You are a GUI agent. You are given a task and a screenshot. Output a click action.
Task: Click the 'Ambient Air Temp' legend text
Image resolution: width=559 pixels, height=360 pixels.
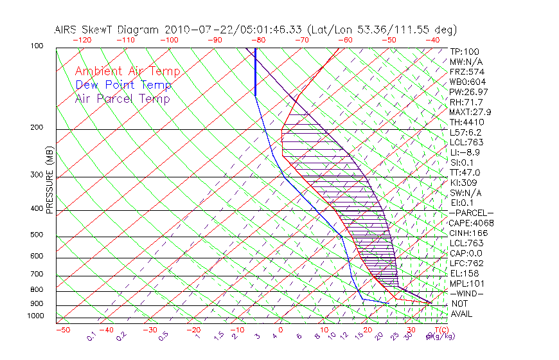(x=127, y=72)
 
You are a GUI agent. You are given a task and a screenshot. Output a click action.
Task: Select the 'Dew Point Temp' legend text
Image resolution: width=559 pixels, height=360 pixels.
(x=123, y=85)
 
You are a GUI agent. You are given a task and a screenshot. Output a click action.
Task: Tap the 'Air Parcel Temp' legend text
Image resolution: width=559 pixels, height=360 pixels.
(x=123, y=99)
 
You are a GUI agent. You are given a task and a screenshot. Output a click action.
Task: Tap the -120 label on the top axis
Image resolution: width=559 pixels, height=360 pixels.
(x=82, y=40)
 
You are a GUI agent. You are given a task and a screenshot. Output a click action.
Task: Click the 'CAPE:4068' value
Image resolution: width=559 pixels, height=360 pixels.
(x=471, y=223)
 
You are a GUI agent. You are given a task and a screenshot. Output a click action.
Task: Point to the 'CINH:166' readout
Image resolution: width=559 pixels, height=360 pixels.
(x=468, y=233)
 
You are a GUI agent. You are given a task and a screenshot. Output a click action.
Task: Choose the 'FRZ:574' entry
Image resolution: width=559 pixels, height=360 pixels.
(x=466, y=72)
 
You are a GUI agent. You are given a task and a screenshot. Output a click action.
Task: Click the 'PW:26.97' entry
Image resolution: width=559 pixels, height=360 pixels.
(x=468, y=92)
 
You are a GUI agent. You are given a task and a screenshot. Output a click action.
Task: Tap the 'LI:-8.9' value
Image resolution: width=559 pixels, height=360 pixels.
(x=465, y=152)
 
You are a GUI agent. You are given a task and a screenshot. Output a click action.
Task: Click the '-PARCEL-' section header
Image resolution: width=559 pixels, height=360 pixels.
(x=471, y=213)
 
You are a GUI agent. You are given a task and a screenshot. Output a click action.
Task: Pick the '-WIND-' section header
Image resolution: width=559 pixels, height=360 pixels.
(x=466, y=293)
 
